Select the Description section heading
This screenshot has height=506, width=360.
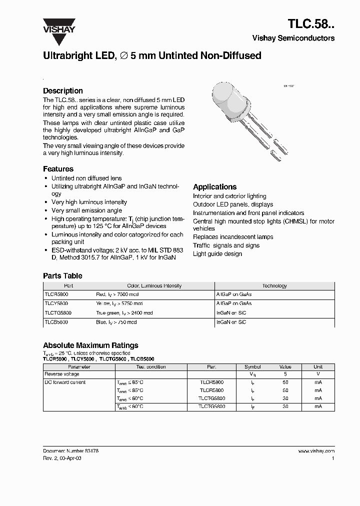62,91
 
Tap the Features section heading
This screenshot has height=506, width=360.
58,169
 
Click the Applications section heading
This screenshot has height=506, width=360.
214,187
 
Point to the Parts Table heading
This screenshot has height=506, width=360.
62,276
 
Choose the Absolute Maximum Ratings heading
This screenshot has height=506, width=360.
90,345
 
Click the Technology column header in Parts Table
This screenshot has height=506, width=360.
274,286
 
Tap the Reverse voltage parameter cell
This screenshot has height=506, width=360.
61,374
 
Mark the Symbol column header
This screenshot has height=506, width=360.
252,366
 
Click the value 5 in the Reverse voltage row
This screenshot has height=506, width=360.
285,374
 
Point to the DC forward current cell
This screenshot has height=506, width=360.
65,382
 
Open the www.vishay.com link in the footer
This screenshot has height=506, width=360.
316,451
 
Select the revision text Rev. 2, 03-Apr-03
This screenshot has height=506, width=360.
62,458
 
